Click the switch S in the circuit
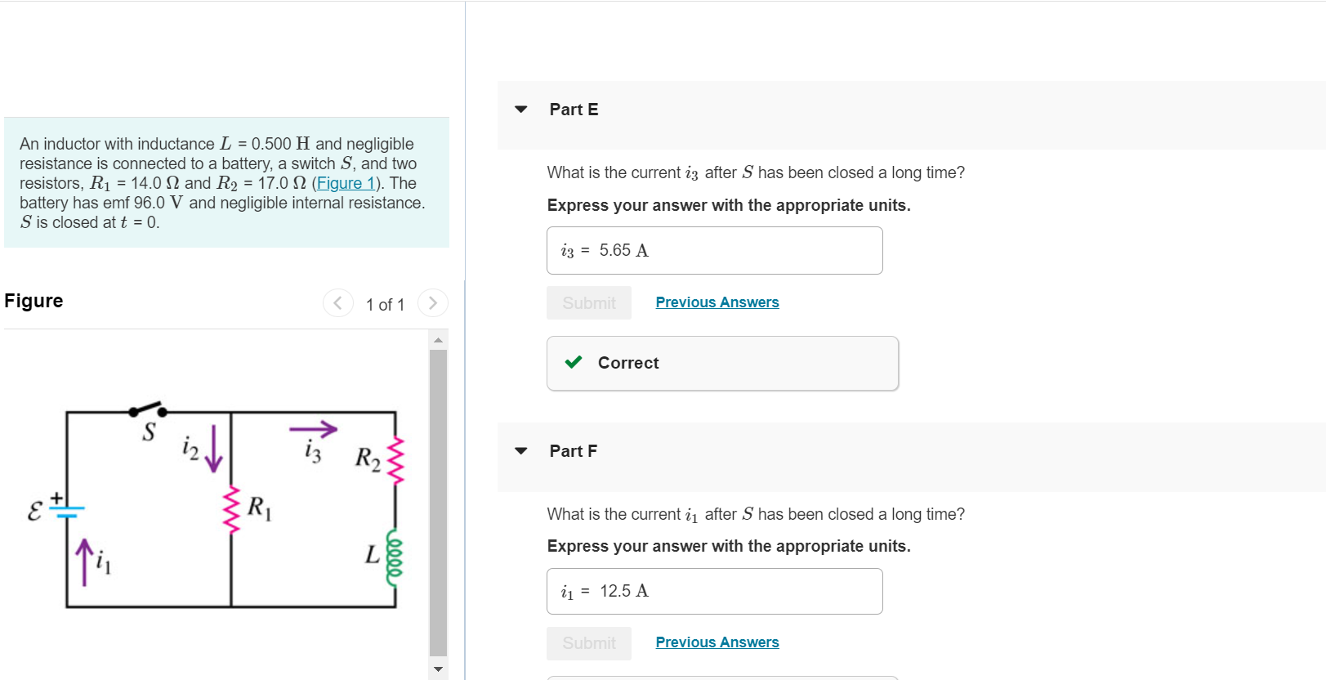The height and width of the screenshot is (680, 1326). pyautogui.click(x=149, y=409)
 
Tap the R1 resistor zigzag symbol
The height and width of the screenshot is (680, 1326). pyautogui.click(x=232, y=509)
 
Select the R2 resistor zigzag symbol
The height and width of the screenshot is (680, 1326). pyautogui.click(x=396, y=460)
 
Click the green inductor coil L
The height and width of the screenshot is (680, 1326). pyautogui.click(x=395, y=557)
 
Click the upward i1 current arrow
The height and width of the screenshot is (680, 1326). pyautogui.click(x=83, y=561)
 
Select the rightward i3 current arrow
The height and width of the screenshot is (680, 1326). pyautogui.click(x=313, y=428)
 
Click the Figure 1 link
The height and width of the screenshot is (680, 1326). pyautogui.click(x=346, y=183)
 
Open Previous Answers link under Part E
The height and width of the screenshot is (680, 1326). pyautogui.click(x=717, y=302)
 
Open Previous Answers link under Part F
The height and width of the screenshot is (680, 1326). pyautogui.click(x=717, y=642)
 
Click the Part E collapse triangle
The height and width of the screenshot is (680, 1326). pyautogui.click(x=521, y=109)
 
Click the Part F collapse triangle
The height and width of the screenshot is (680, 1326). pyautogui.click(x=521, y=450)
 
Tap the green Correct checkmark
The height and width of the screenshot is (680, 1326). pyautogui.click(x=574, y=362)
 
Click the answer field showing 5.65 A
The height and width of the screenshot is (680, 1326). pyautogui.click(x=714, y=250)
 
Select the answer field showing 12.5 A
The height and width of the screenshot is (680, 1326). pyautogui.click(x=714, y=591)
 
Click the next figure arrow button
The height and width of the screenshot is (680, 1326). pyautogui.click(x=433, y=303)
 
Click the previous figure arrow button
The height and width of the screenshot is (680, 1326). pyautogui.click(x=337, y=303)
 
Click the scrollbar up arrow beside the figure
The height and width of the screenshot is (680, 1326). pyautogui.click(x=438, y=339)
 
